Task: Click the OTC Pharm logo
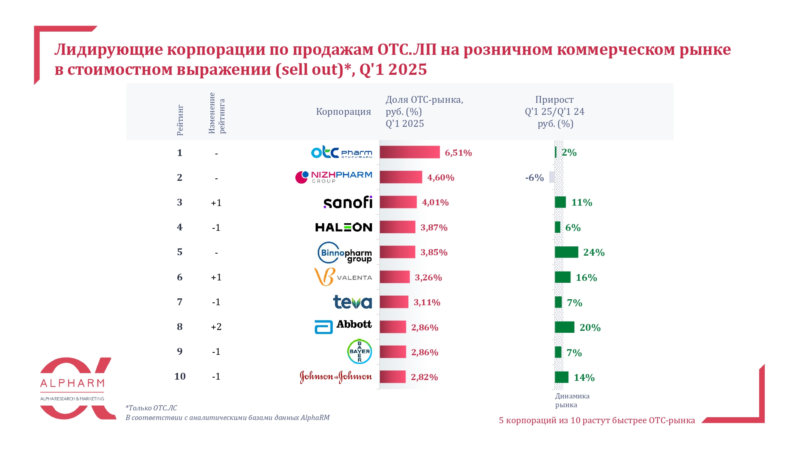click(342, 152)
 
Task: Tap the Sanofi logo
click(348, 202)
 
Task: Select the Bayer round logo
click(359, 352)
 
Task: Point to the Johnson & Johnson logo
click(336, 377)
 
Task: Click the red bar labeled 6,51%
click(409, 152)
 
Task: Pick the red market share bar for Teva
click(394, 302)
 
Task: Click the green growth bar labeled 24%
click(566, 252)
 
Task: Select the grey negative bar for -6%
click(552, 177)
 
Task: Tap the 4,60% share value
click(440, 178)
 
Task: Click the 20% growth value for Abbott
click(590, 328)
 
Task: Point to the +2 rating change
click(216, 327)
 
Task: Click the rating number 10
click(180, 376)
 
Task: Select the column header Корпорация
click(343, 112)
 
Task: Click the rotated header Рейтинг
click(180, 120)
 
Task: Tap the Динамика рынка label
click(572, 400)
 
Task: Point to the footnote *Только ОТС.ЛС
click(151, 408)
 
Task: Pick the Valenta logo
click(343, 277)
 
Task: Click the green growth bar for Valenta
click(562, 277)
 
